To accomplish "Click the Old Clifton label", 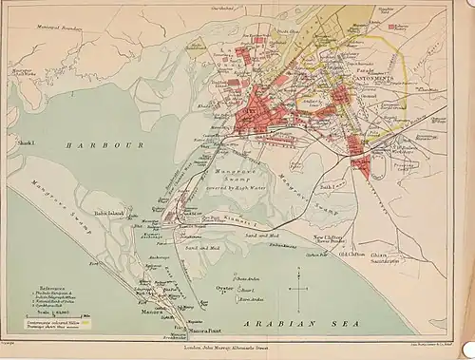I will [x=341, y=255].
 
